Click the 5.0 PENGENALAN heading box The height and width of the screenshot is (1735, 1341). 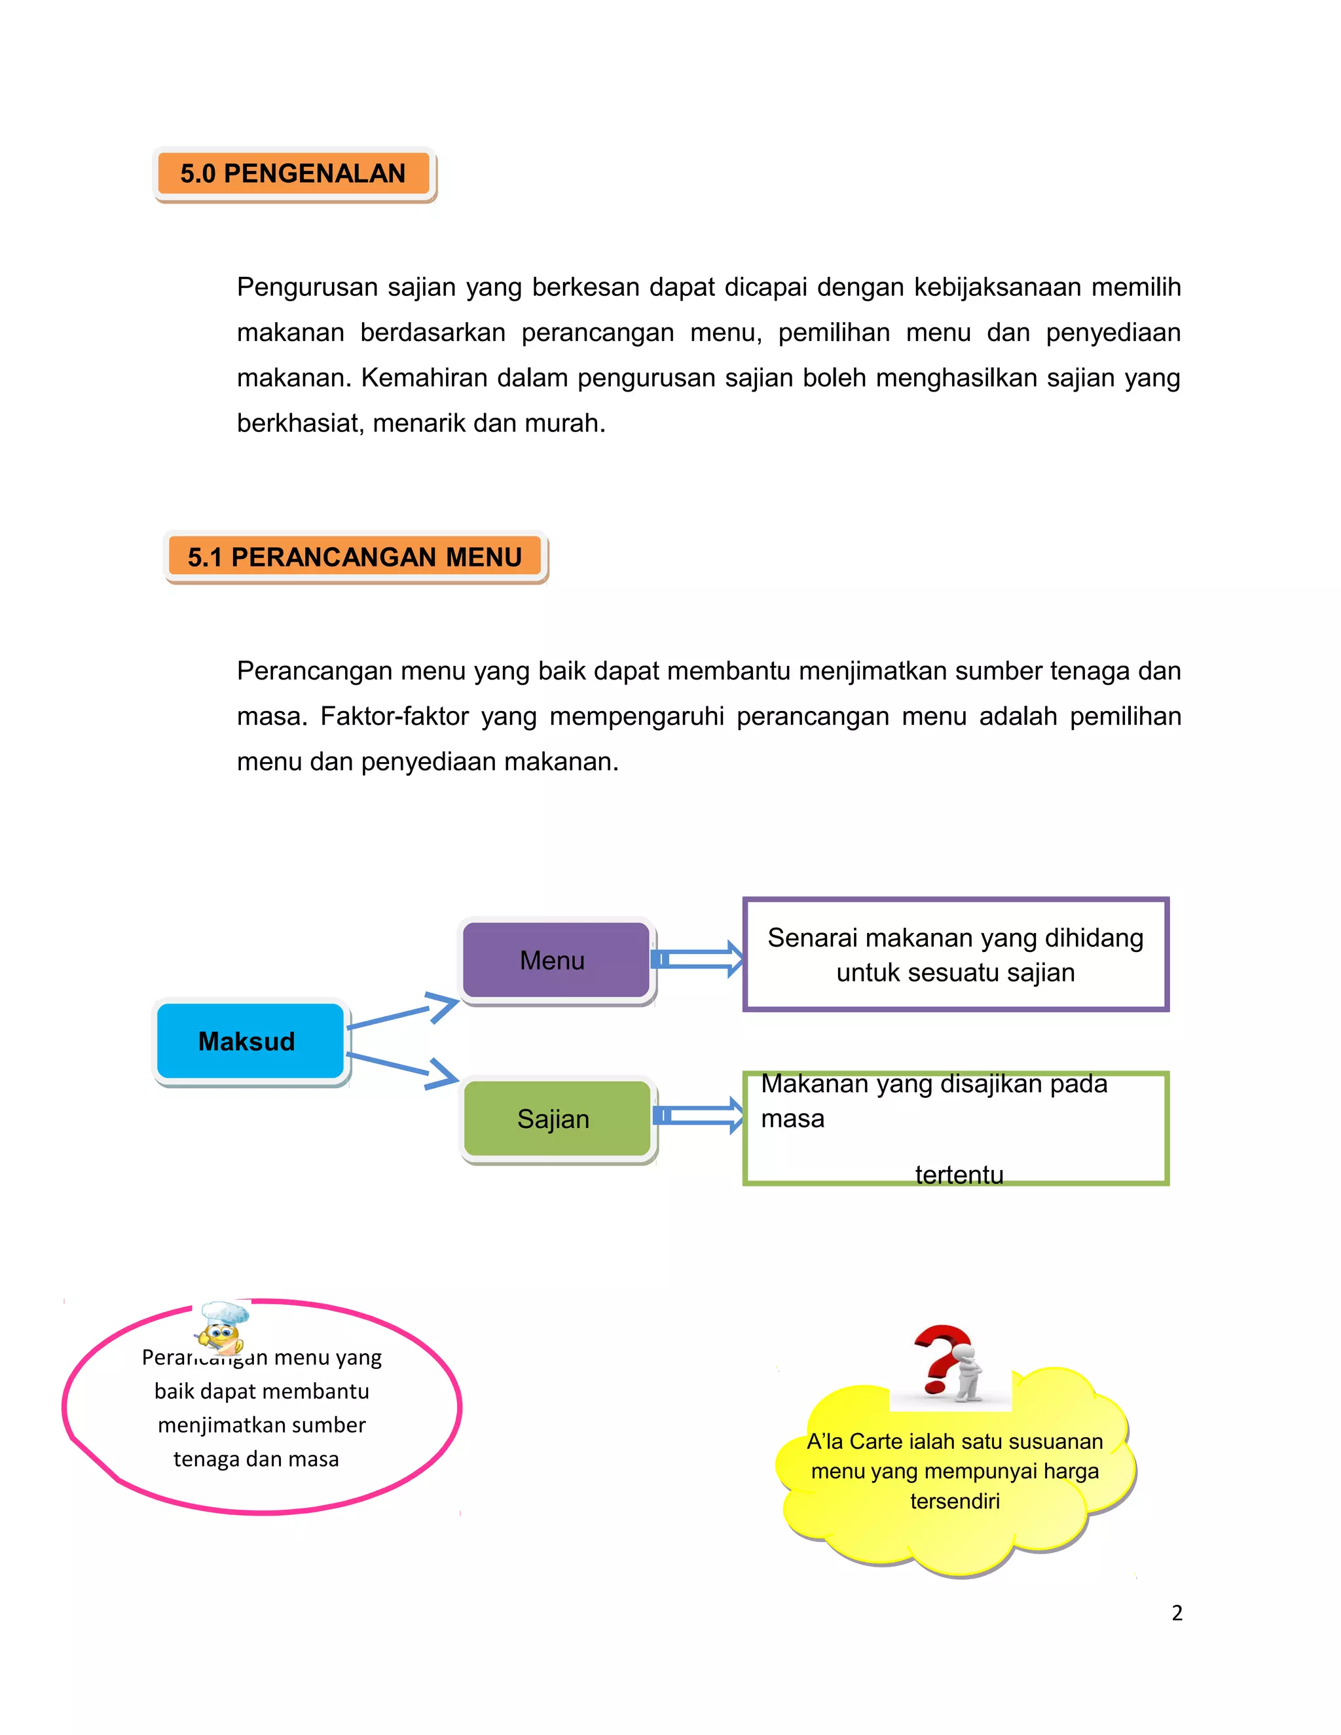(x=293, y=173)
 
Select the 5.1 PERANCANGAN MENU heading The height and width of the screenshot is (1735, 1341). (x=354, y=557)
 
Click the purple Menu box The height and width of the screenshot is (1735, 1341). (x=556, y=960)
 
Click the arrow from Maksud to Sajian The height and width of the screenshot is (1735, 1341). (x=405, y=1068)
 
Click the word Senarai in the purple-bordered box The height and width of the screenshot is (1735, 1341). (x=812, y=938)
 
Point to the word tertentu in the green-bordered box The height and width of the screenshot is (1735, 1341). (x=959, y=1174)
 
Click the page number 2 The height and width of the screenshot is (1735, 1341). (x=1177, y=1613)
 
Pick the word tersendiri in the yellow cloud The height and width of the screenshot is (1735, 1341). (x=954, y=1501)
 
